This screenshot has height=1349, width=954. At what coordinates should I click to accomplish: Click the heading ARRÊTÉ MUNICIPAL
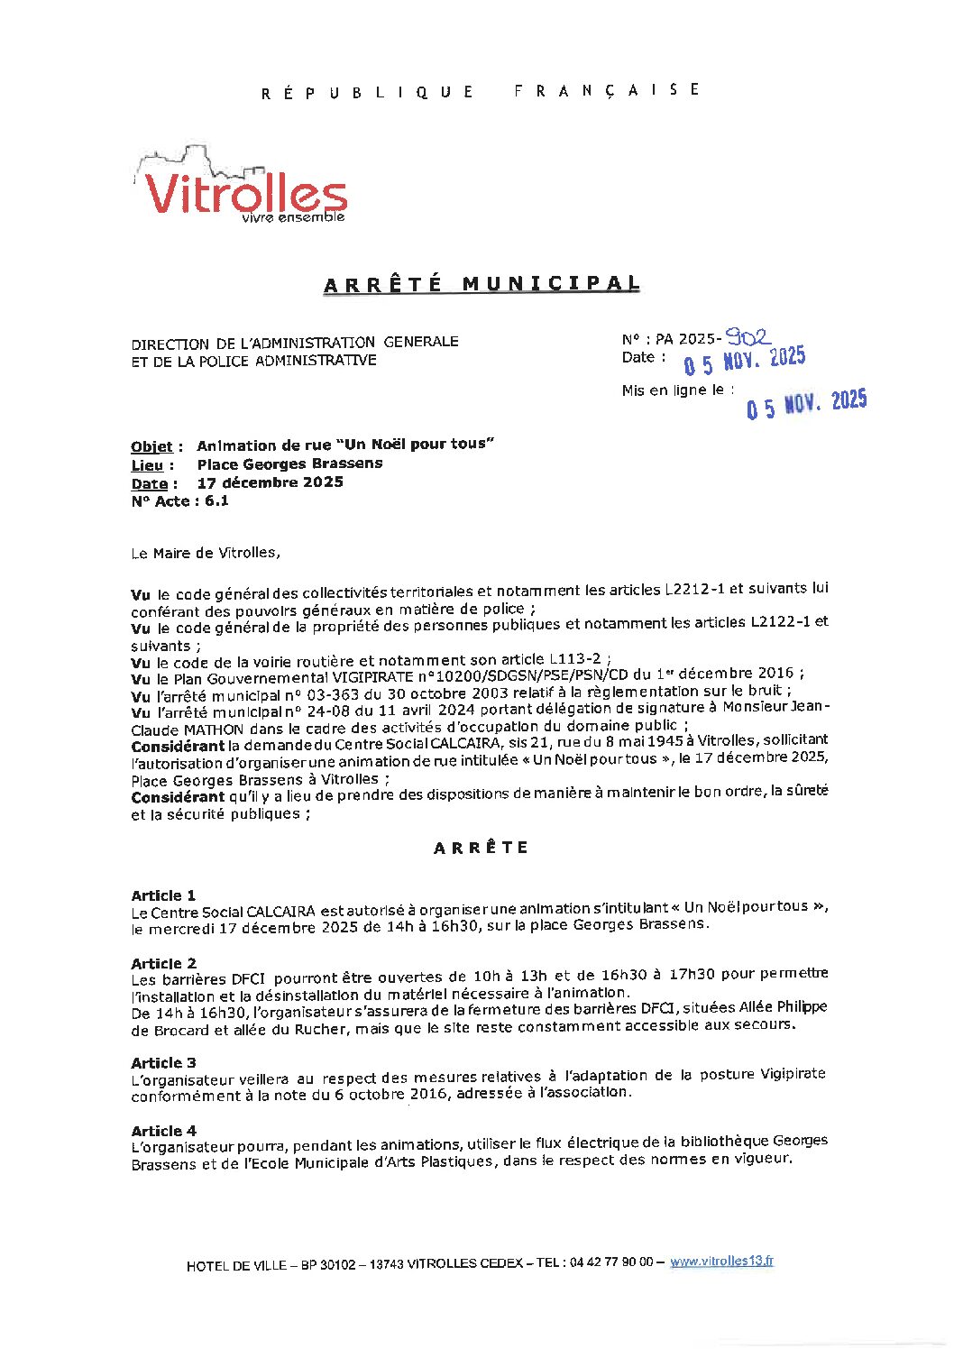(482, 284)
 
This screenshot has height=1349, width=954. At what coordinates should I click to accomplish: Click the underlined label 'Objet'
(151, 446)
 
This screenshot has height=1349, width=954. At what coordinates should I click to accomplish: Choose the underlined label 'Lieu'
(147, 465)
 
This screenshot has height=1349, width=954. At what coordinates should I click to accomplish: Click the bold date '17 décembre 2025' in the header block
(271, 482)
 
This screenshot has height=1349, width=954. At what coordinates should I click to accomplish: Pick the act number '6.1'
(216, 501)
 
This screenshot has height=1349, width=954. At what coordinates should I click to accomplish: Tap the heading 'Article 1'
(163, 895)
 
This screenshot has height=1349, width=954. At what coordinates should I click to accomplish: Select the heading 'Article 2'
(163, 963)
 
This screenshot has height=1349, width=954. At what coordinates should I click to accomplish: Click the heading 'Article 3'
(163, 1062)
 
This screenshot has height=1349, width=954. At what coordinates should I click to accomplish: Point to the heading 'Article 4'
(163, 1131)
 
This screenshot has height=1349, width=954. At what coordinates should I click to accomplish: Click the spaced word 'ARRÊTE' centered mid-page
(481, 848)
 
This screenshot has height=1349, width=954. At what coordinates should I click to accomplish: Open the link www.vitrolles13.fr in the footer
(721, 1262)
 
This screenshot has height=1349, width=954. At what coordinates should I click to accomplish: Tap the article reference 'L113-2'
(574, 659)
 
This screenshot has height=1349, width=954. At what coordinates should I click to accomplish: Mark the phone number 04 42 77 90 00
(612, 1262)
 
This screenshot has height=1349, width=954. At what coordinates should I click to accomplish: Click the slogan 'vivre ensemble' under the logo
(293, 217)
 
